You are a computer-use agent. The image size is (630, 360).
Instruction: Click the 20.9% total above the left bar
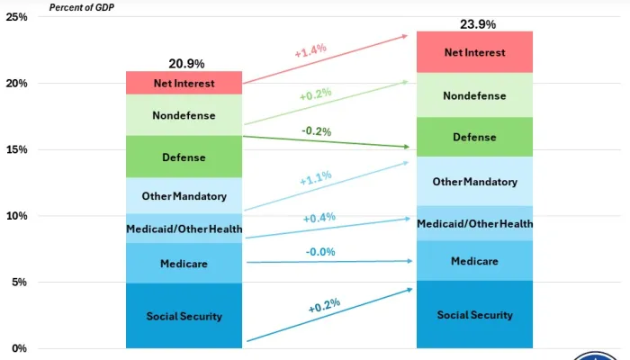pos(186,64)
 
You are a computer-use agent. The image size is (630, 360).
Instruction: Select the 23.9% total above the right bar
pos(477,24)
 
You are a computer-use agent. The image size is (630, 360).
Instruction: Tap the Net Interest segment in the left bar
pos(184,84)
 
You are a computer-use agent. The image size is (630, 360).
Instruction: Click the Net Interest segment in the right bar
pos(474,52)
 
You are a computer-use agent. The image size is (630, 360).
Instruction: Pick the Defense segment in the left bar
pos(184,157)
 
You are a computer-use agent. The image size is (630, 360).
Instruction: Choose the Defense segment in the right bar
pos(474,138)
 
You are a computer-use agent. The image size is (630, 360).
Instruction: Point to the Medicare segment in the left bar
pos(184,264)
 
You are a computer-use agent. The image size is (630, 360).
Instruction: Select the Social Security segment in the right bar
pos(474,315)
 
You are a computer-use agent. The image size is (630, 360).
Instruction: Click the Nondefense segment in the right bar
pos(474,95)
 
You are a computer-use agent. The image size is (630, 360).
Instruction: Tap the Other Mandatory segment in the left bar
pos(184,195)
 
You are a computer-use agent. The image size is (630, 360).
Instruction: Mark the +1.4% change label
pos(310,53)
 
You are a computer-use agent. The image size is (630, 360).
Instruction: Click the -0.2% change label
pos(316,131)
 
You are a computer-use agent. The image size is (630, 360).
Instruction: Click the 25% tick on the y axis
pos(16,17)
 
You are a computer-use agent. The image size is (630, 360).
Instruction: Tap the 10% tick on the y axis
pos(16,216)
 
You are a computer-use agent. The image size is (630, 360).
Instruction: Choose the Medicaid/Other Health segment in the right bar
pos(474,223)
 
